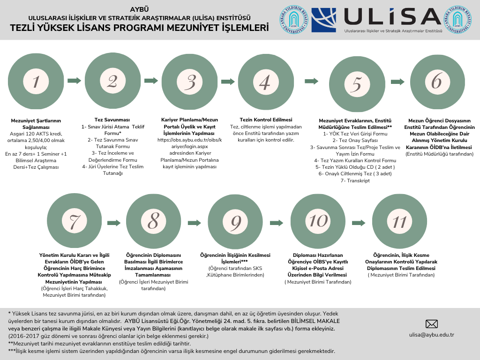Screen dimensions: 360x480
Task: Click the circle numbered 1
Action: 37,81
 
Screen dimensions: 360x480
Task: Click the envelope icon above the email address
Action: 432,324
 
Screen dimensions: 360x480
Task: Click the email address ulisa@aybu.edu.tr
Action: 432,335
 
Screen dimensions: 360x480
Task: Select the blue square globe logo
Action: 323,20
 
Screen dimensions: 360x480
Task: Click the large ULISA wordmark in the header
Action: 393,16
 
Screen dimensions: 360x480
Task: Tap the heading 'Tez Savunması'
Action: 112,120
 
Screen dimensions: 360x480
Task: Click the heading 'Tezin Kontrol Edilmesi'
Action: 266,120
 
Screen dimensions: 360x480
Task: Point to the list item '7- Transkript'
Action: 355,180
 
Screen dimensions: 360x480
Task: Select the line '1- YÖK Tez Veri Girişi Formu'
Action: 355,134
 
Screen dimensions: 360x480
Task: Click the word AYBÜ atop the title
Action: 139,9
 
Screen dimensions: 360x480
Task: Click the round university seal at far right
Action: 460,20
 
